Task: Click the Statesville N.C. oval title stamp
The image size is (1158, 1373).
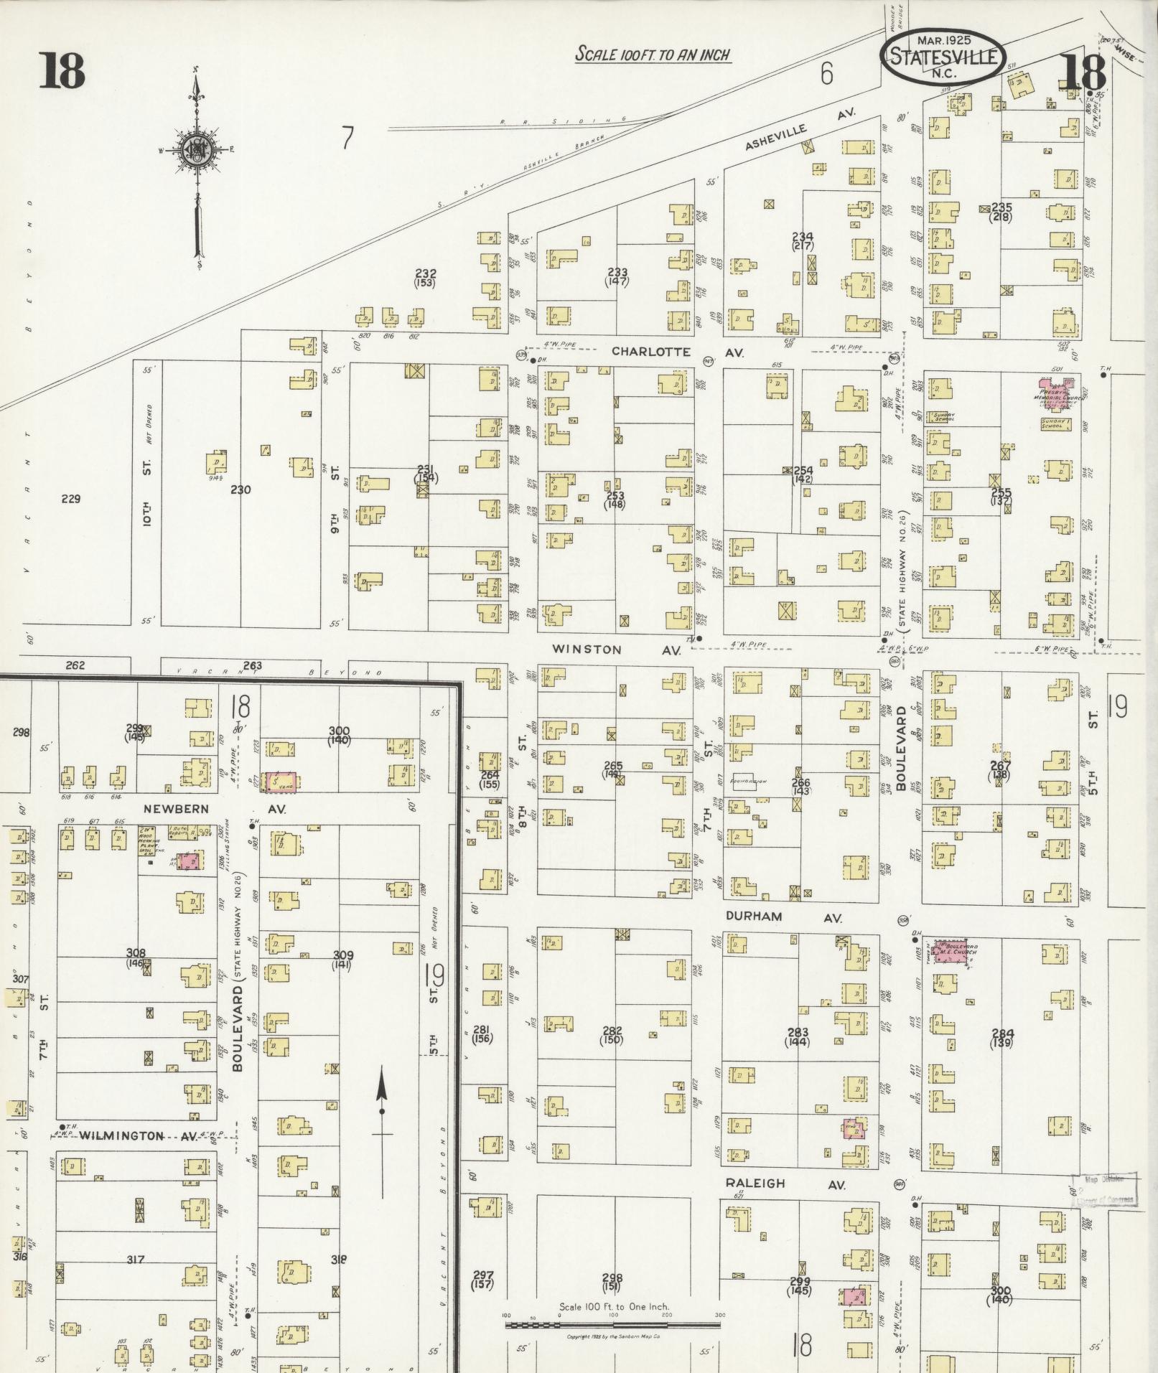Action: (x=943, y=56)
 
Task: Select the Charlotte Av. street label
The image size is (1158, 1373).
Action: (x=677, y=352)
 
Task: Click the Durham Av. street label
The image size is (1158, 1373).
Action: (x=783, y=917)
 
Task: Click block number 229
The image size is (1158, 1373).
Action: (x=70, y=499)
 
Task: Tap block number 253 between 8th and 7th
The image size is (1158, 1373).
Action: (x=615, y=500)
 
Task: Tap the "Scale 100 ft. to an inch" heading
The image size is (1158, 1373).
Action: (x=653, y=54)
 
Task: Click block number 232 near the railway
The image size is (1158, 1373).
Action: (x=426, y=278)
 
